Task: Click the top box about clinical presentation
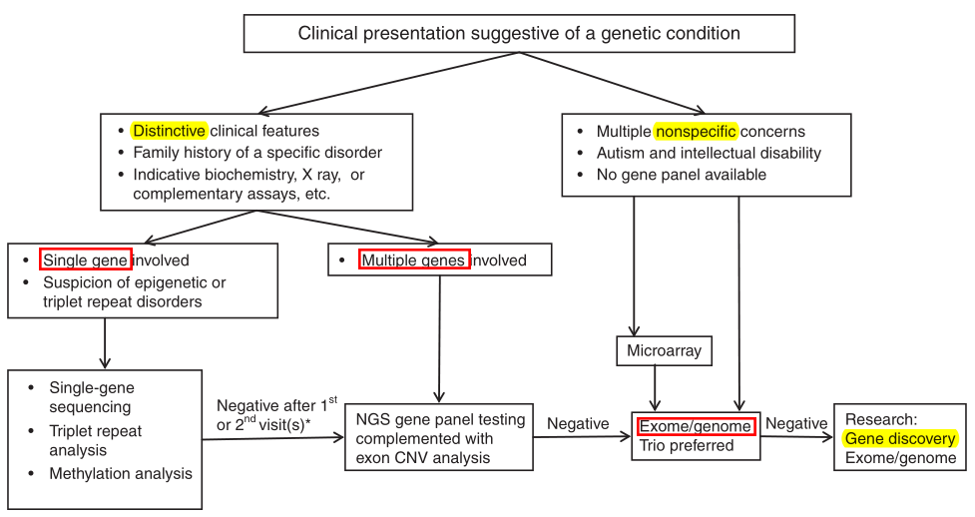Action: coord(519,34)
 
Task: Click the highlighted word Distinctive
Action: coord(169,131)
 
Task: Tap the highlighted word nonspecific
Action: coord(696,131)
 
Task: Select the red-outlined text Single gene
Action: coord(86,260)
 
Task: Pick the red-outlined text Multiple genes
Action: coord(414,260)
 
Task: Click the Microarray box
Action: coord(664,351)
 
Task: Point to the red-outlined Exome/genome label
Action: coord(697,426)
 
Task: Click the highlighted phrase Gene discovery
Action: coord(899,438)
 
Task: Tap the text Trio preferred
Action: coord(686,446)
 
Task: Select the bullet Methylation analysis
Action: coord(120,474)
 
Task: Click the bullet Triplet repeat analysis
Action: coord(96,440)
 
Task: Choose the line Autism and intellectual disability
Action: coord(709,153)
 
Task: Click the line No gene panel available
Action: coord(681,175)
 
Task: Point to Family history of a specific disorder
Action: coord(256,153)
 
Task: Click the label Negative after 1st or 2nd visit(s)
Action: coord(273,414)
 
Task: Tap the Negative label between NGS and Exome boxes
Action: coord(578,424)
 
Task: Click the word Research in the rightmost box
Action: coord(879,418)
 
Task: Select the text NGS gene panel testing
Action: coord(440,419)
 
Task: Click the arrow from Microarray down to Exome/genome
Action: coord(655,387)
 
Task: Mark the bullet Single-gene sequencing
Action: coord(91,397)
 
